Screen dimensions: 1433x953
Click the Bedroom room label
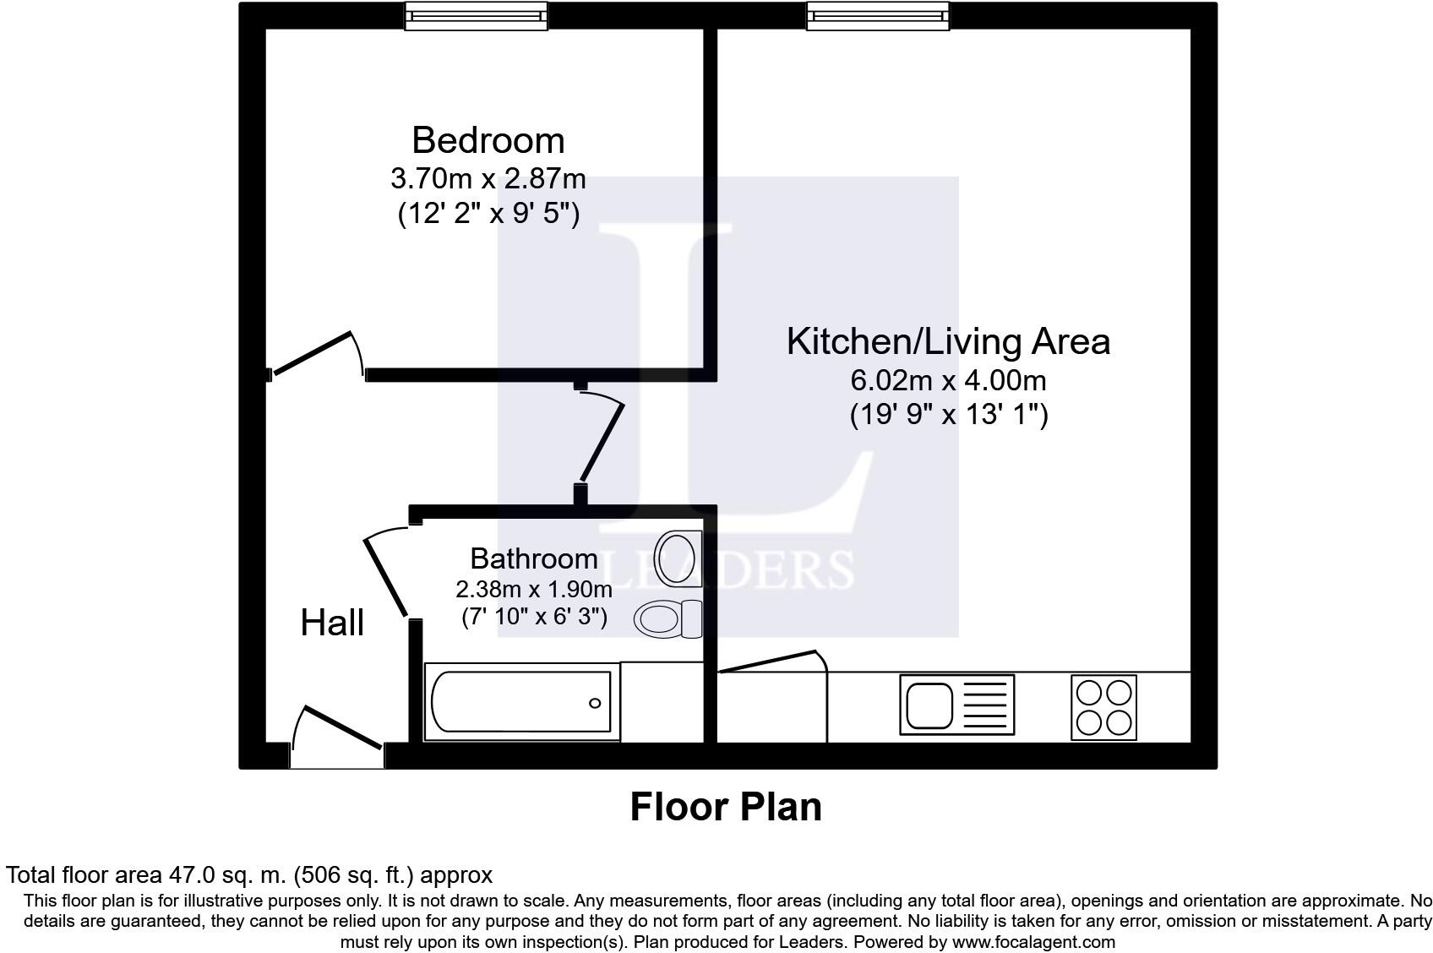click(x=488, y=140)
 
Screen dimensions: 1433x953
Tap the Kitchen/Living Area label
click(x=948, y=341)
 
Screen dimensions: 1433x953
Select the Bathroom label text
click(x=533, y=558)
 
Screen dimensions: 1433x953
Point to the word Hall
click(x=332, y=623)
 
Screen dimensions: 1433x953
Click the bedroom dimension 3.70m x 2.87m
click(x=488, y=178)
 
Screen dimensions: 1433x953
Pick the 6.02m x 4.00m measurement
click(x=948, y=380)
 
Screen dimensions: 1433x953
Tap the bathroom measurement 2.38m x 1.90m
click(x=533, y=589)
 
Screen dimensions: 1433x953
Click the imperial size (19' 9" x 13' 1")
click(x=949, y=415)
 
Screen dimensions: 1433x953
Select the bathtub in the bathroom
click(x=521, y=701)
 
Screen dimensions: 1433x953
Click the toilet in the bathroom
click(x=667, y=618)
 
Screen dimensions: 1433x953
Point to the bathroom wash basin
click(x=678, y=558)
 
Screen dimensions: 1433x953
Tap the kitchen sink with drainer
click(x=957, y=705)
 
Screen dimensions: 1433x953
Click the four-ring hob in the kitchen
click(x=1103, y=707)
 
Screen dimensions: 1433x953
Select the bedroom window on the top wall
click(x=476, y=15)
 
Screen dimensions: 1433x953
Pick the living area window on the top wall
click(x=878, y=15)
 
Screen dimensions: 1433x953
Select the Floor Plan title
click(x=726, y=807)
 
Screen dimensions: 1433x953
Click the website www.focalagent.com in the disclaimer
click(x=1034, y=941)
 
